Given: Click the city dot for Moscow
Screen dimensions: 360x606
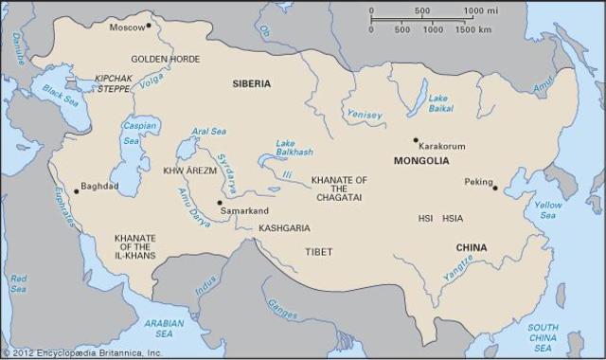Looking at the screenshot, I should (149, 27).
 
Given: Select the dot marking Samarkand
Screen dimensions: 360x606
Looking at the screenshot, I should (219, 202).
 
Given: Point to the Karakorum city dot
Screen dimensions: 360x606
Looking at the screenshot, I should (415, 140).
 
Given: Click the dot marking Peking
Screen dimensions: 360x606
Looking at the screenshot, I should (494, 188).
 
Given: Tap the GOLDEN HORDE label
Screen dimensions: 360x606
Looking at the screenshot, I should (165, 59).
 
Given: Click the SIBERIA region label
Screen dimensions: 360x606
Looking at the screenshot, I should (252, 83).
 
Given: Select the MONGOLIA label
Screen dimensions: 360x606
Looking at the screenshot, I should (420, 161).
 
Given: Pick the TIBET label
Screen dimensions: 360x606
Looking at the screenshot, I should (319, 252).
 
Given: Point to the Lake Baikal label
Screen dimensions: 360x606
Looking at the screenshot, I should (438, 103).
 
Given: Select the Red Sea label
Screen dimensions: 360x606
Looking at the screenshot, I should (18, 283).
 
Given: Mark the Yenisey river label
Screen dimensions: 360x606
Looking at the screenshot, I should (365, 116).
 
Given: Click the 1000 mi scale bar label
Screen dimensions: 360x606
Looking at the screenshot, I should (480, 10).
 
